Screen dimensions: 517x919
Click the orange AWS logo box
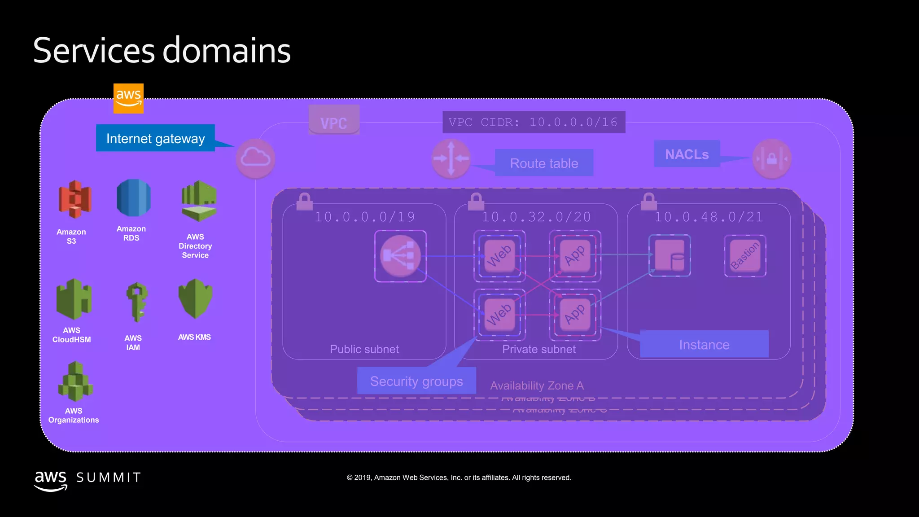128,98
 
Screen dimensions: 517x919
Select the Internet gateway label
155,138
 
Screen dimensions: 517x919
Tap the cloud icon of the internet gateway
255,158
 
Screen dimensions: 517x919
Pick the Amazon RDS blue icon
133,198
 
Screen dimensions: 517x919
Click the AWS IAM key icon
136,302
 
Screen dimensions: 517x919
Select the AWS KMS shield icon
195,298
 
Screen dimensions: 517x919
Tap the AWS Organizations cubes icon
75,382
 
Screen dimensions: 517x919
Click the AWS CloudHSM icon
74,298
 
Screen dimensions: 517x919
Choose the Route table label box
544,163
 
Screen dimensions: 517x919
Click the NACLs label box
687,154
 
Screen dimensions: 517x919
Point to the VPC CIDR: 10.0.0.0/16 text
533,122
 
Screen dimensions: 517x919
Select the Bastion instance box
745,256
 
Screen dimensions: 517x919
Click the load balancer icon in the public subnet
400,256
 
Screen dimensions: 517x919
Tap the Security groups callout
416,381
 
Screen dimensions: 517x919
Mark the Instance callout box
704,344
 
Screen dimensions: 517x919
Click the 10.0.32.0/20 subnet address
536,217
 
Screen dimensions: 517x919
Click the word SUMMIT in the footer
109,478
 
